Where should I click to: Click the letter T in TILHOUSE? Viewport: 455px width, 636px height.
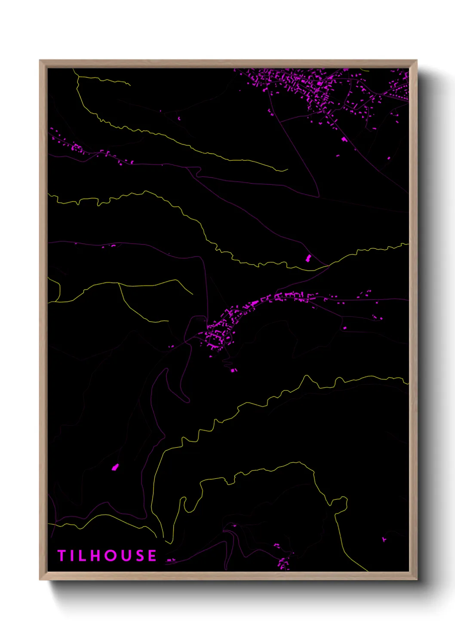[61, 556]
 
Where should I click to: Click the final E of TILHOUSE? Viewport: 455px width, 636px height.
[152, 556]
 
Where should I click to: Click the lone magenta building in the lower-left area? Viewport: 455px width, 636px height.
[115, 467]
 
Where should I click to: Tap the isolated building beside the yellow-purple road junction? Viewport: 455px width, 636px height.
[308, 258]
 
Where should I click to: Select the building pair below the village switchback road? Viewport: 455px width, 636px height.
[234, 370]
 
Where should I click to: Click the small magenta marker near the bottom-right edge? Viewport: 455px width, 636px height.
[384, 538]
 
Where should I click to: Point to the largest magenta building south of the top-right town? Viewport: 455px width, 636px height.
[344, 139]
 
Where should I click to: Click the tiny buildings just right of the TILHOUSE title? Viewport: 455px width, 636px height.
[171, 560]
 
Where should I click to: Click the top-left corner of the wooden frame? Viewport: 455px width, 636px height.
[40, 61]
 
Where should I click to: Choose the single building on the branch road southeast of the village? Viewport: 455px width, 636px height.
[344, 328]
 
